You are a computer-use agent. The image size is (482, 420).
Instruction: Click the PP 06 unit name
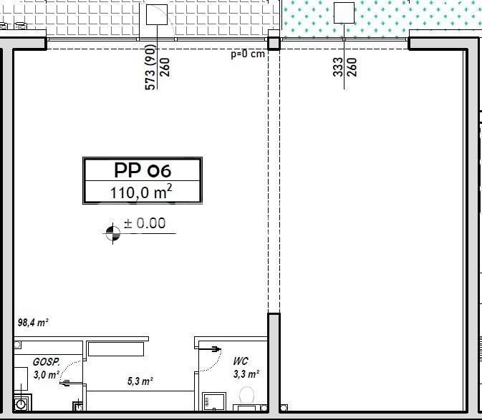[x=143, y=170]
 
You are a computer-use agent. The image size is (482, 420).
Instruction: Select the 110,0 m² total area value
[x=141, y=192]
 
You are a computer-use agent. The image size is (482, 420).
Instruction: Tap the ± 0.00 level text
[x=145, y=223]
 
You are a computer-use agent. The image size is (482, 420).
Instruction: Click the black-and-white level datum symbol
[x=113, y=233]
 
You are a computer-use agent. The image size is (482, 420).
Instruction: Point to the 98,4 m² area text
[x=33, y=323]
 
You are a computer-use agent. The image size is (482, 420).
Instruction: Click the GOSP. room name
[x=46, y=362]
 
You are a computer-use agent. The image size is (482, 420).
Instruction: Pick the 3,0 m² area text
[x=47, y=375]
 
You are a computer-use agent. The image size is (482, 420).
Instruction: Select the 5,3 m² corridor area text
[x=140, y=381]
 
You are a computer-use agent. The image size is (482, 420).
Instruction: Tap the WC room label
[x=241, y=361]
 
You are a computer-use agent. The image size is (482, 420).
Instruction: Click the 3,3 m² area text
[x=246, y=374]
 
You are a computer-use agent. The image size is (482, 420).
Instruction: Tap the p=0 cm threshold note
[x=248, y=54]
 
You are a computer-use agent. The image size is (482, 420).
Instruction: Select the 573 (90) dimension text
[x=150, y=67]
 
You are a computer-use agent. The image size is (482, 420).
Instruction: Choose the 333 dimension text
[x=338, y=67]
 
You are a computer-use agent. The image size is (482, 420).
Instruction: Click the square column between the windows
[x=274, y=44]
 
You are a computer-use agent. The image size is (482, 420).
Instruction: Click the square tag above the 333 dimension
[x=344, y=13]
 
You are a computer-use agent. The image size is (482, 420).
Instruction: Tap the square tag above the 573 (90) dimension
[x=157, y=14]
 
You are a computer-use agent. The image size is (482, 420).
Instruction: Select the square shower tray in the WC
[x=214, y=401]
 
